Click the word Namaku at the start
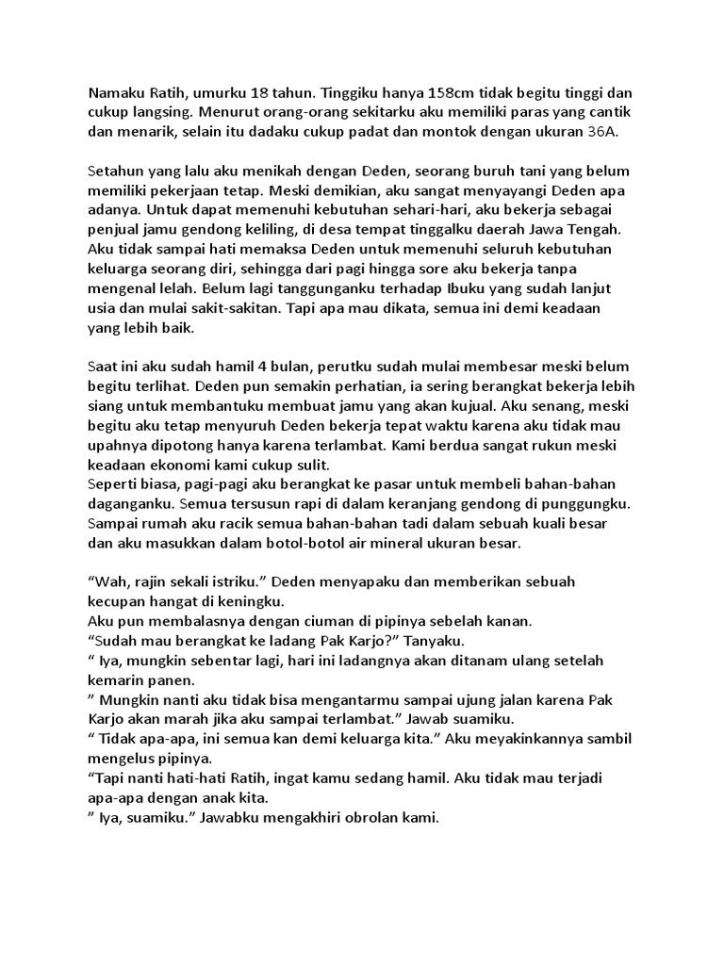(x=117, y=94)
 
